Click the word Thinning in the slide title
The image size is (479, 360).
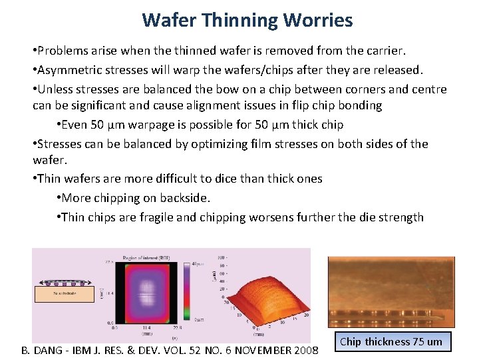pos(237,20)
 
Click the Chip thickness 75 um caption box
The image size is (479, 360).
pos(391,342)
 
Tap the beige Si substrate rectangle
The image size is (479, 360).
pos(64,293)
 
